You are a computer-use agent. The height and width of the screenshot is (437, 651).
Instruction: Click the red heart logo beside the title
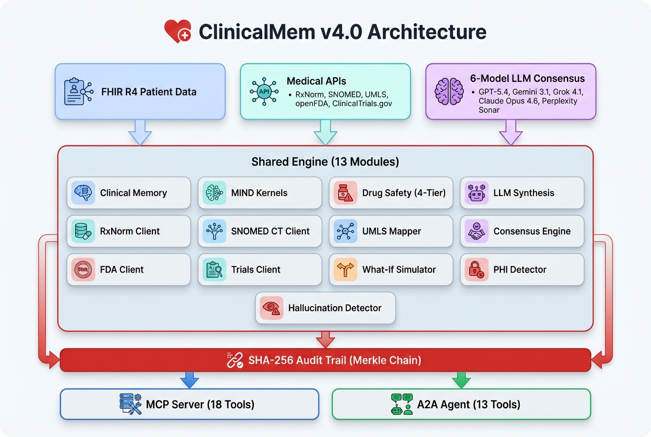point(178,31)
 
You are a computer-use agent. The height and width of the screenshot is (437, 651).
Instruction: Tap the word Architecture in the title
point(427,31)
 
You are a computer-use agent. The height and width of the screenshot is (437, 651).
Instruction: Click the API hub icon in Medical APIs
point(264,91)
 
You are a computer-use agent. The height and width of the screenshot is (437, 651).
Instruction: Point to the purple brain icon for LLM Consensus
point(449,91)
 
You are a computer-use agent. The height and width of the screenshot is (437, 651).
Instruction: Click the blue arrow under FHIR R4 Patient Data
point(140,132)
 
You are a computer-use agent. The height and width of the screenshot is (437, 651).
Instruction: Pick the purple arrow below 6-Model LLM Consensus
point(510,132)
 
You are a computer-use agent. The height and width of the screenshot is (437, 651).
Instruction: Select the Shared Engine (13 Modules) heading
point(325,162)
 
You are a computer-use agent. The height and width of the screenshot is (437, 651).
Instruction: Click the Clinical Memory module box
point(129,193)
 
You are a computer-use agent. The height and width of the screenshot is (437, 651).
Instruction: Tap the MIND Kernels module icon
point(214,193)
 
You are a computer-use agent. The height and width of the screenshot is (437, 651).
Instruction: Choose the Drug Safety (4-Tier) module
point(391,193)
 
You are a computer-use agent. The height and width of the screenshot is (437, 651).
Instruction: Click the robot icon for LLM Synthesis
point(476,193)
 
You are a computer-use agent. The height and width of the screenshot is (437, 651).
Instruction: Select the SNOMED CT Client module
point(260,231)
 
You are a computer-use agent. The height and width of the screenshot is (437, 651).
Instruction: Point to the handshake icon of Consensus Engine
point(476,231)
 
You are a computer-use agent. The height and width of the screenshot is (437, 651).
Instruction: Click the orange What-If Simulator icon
point(345,270)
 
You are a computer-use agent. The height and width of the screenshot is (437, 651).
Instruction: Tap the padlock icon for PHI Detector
point(476,270)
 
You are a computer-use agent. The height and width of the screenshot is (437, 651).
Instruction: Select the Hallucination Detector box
point(325,308)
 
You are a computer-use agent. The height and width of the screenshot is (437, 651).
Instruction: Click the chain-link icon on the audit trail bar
point(235,360)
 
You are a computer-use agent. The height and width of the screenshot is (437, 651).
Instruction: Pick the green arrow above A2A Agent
point(461,380)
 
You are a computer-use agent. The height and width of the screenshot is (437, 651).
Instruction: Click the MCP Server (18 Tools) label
point(200,405)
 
